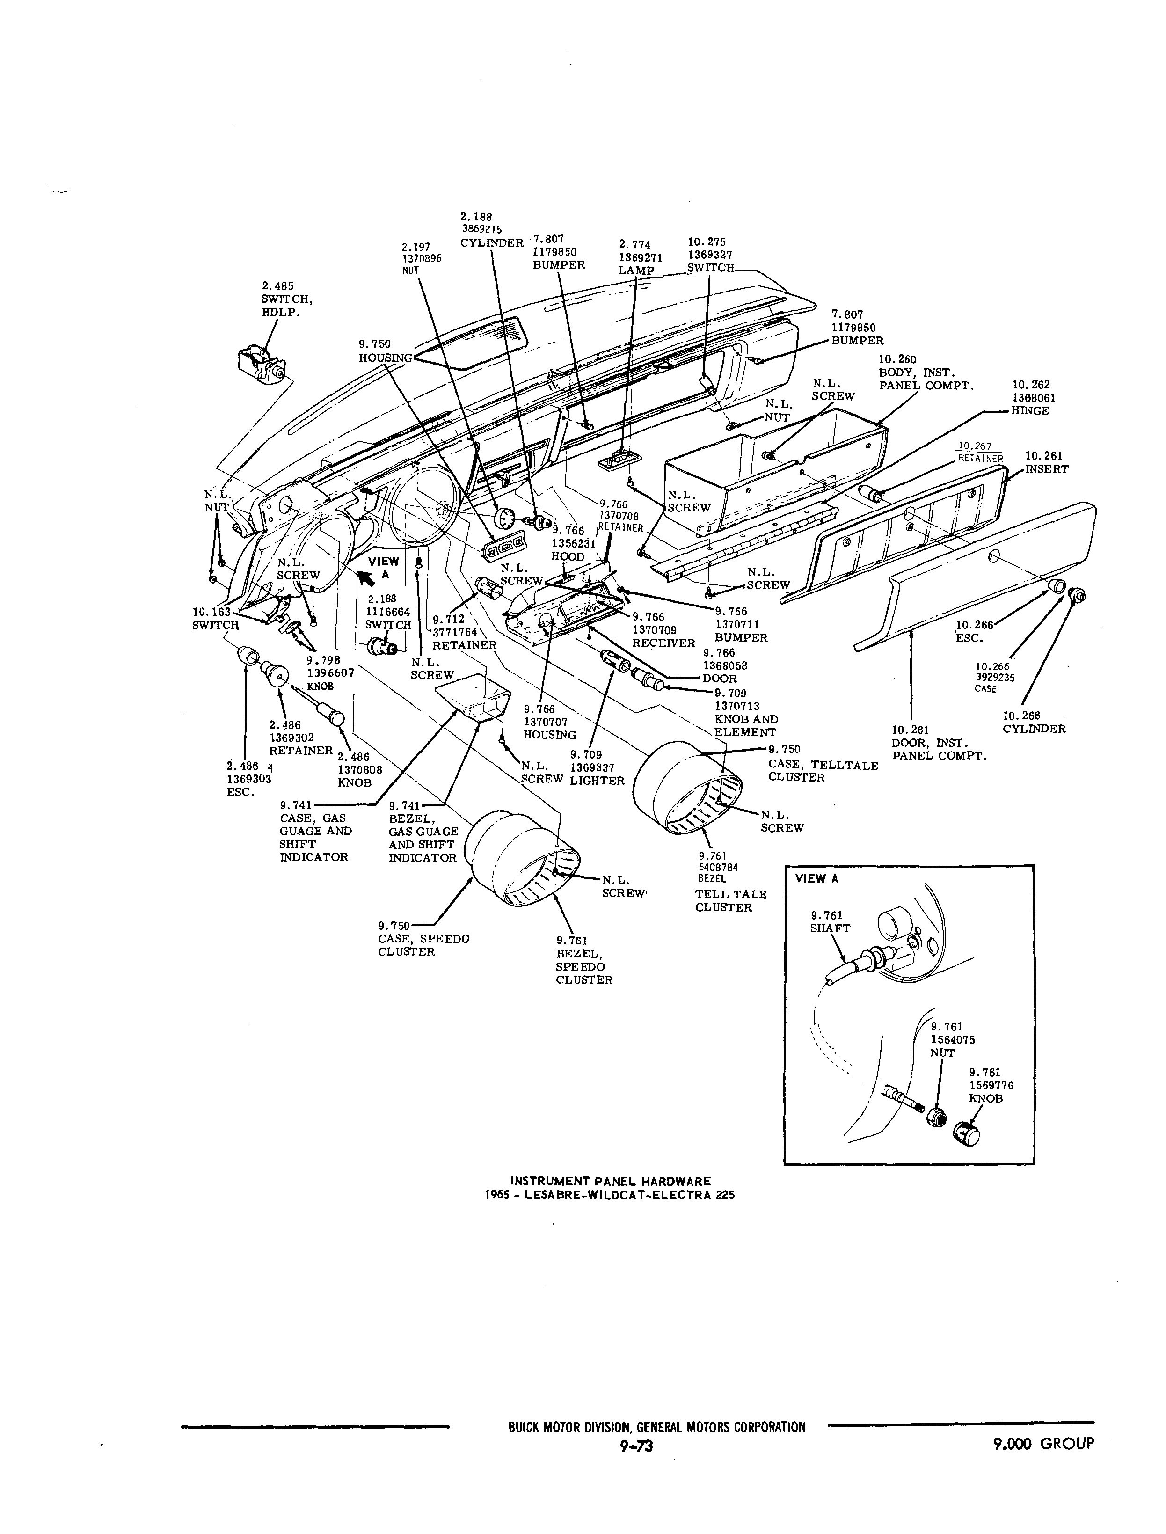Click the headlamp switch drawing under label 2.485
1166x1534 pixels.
pos(260,365)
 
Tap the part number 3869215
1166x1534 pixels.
pos(481,229)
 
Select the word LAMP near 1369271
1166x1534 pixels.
pos(636,270)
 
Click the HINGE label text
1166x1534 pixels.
pos(1029,410)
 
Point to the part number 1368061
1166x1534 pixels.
pos(1034,398)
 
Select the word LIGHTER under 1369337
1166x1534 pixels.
pos(597,781)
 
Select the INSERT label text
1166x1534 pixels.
pos(1047,469)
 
